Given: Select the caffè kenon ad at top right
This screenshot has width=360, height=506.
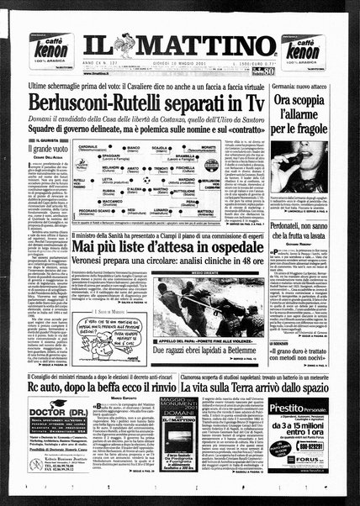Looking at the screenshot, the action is click(320, 43).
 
